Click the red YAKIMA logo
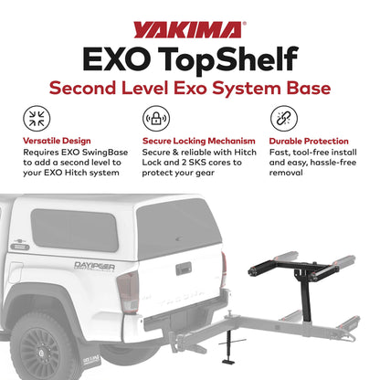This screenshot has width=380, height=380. pyautogui.click(x=189, y=29)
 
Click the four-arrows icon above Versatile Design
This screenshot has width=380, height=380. pyautogui.click(x=38, y=120)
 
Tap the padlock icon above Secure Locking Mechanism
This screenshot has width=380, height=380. pyautogui.click(x=153, y=120)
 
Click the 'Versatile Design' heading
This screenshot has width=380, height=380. pyautogui.click(x=59, y=142)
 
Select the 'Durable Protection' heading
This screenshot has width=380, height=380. pyautogui.click(x=310, y=142)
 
